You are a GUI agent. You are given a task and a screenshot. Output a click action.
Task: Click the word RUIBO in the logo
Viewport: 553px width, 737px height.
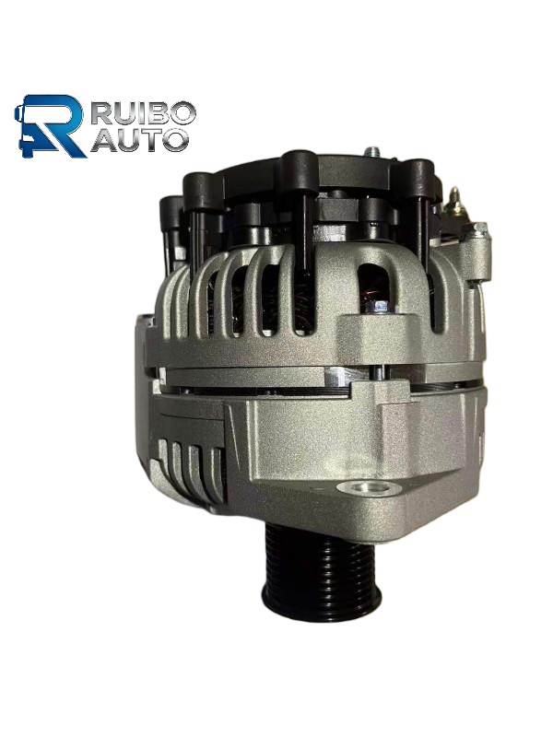(x=143, y=112)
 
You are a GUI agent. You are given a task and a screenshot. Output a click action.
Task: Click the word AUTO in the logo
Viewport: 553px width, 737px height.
(x=139, y=140)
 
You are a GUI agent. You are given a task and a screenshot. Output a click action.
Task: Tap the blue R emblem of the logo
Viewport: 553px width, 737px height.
(x=51, y=126)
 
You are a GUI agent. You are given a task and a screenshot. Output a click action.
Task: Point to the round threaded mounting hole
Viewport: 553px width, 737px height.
(x=370, y=488)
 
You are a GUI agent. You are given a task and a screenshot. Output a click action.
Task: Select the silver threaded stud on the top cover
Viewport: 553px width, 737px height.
(x=372, y=152)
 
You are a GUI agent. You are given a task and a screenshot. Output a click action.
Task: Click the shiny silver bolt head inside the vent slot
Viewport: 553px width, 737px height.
(x=380, y=307)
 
